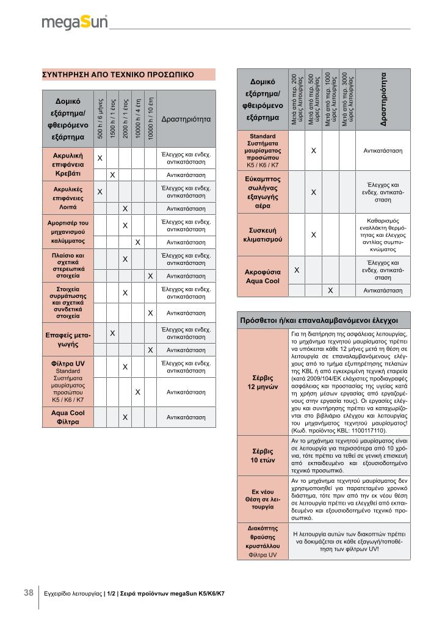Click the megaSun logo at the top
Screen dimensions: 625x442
[x=74, y=23]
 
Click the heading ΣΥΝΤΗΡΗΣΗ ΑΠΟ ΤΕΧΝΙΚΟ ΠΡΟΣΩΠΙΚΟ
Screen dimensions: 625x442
[x=117, y=74]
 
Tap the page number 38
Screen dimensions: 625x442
[x=29, y=593]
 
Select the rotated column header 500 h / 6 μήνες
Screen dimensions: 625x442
[x=100, y=118]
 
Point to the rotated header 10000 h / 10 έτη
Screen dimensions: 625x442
[x=150, y=118]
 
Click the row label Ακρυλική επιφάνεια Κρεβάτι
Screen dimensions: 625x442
[x=64, y=165]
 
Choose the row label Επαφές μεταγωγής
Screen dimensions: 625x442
[x=68, y=340]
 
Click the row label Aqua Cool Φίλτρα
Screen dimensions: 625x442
[x=68, y=417]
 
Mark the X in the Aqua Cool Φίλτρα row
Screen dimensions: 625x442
[x=125, y=417]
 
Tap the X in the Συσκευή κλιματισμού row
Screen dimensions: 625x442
[x=313, y=234]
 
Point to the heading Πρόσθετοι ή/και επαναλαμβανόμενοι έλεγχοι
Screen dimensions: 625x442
[x=319, y=320]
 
